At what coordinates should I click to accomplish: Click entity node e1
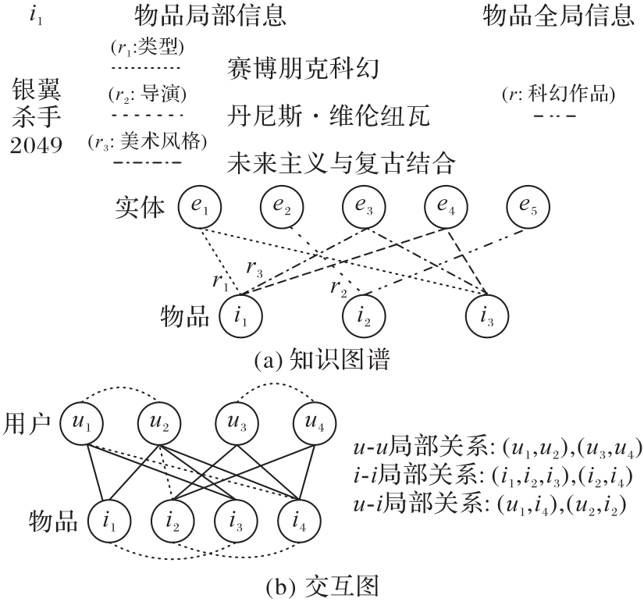199,208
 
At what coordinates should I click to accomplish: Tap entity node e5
528,208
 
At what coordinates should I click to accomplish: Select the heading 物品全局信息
558,16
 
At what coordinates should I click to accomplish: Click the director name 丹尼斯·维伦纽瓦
332,117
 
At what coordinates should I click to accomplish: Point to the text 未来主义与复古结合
340,164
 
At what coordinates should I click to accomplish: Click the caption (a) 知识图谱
322,361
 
